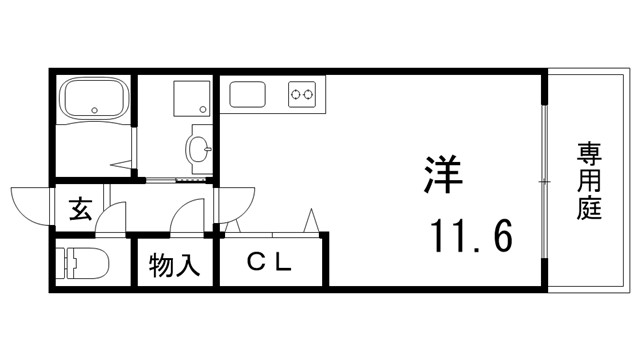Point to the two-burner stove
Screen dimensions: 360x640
click(302, 95)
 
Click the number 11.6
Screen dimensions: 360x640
click(471, 238)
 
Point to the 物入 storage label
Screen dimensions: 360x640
click(175, 266)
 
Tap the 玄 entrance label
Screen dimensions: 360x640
click(80, 210)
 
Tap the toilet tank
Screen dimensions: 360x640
click(65, 265)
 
